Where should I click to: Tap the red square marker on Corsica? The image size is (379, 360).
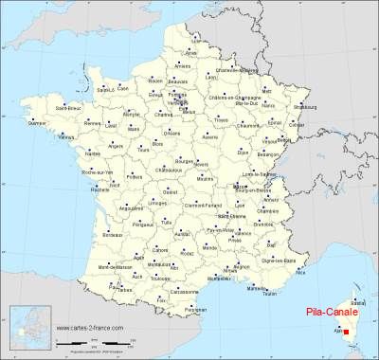346,332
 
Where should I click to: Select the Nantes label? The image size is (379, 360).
92,153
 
